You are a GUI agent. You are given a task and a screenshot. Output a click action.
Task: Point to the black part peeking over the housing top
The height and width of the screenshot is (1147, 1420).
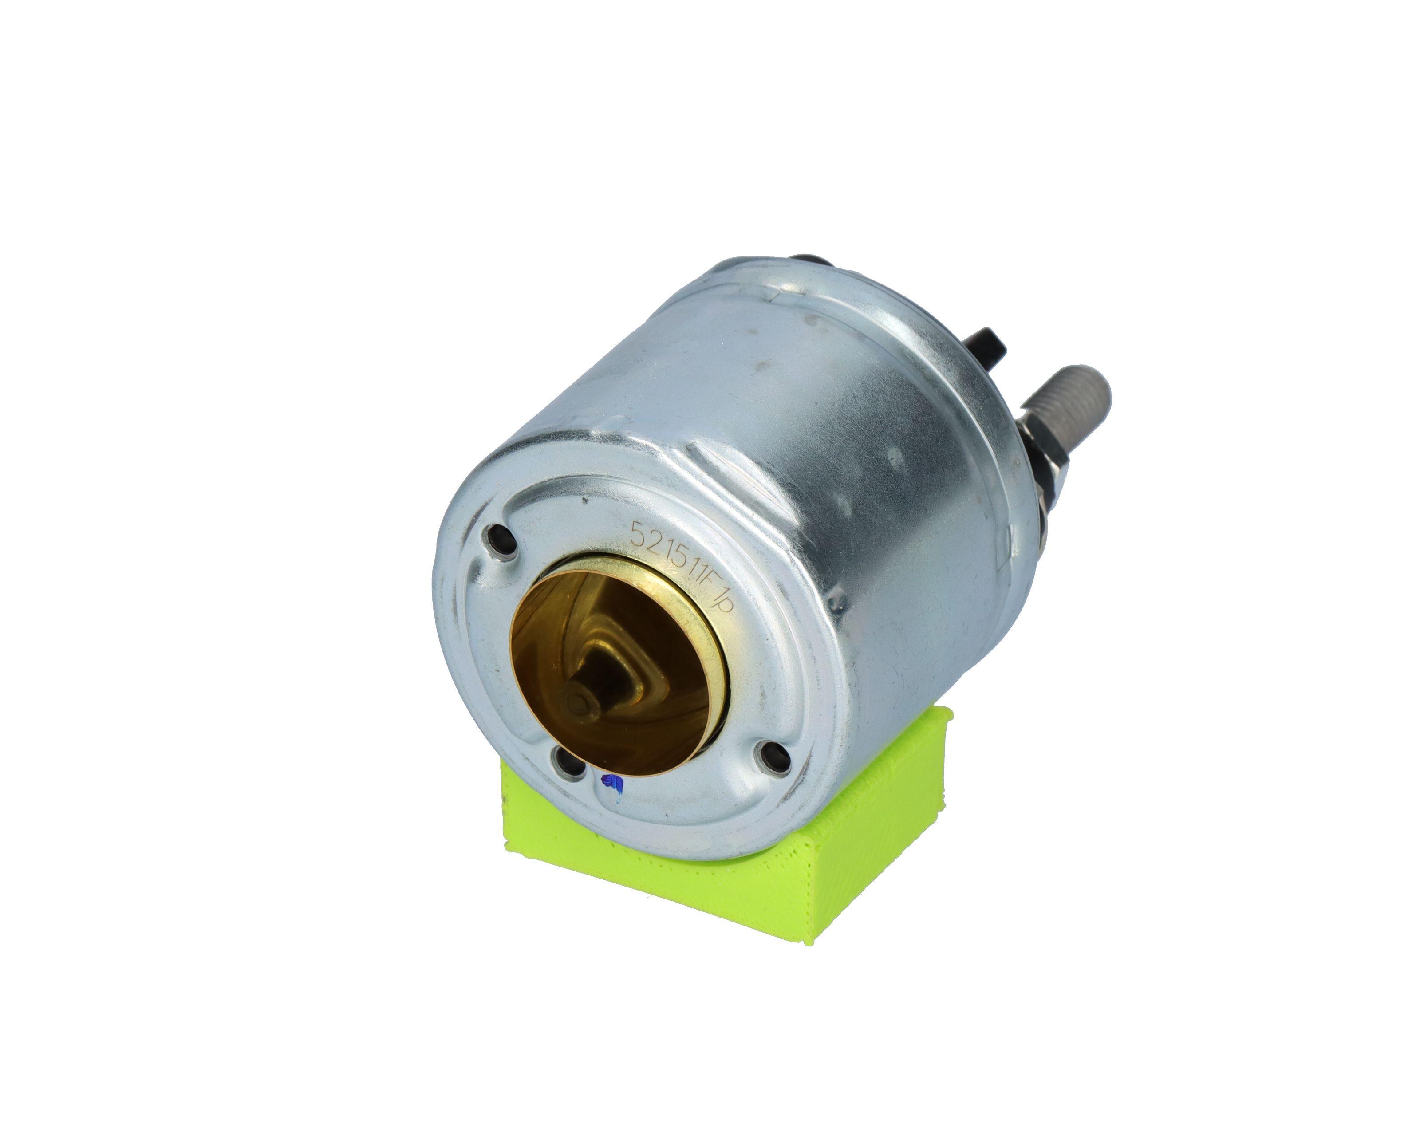tap(812, 264)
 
